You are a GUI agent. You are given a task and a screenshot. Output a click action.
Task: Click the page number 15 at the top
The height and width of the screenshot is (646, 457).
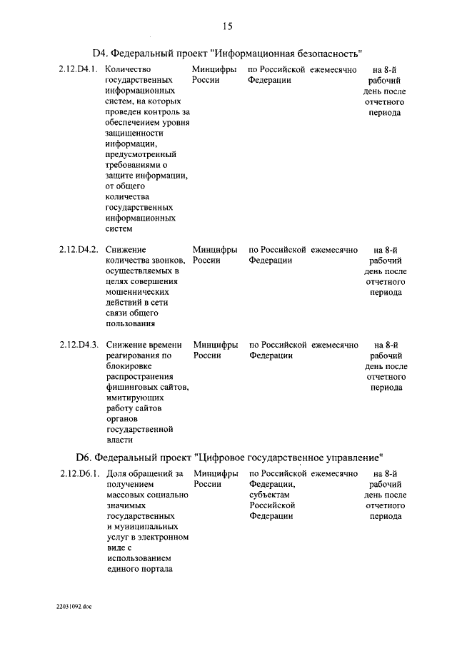[x=228, y=26]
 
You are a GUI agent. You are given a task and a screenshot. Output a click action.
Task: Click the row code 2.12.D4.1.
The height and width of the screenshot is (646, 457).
[x=78, y=70]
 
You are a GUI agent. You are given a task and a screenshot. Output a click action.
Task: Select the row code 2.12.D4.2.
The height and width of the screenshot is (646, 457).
[x=78, y=250]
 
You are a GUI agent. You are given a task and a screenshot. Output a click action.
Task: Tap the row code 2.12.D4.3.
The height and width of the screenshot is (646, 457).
[x=78, y=345]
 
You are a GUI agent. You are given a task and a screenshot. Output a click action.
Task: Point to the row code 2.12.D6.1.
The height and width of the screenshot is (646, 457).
[x=78, y=473]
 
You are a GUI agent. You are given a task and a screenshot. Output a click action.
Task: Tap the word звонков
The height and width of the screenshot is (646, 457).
[x=166, y=261]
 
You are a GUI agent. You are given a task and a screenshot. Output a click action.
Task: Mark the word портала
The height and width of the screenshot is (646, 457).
[x=152, y=568]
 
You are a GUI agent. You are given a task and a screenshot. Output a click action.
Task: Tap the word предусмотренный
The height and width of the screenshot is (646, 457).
[x=141, y=155]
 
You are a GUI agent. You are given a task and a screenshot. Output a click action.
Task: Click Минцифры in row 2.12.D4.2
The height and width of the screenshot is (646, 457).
[x=215, y=250]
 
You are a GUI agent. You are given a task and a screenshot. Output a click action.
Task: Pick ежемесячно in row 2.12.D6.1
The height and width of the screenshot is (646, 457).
[x=334, y=473]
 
